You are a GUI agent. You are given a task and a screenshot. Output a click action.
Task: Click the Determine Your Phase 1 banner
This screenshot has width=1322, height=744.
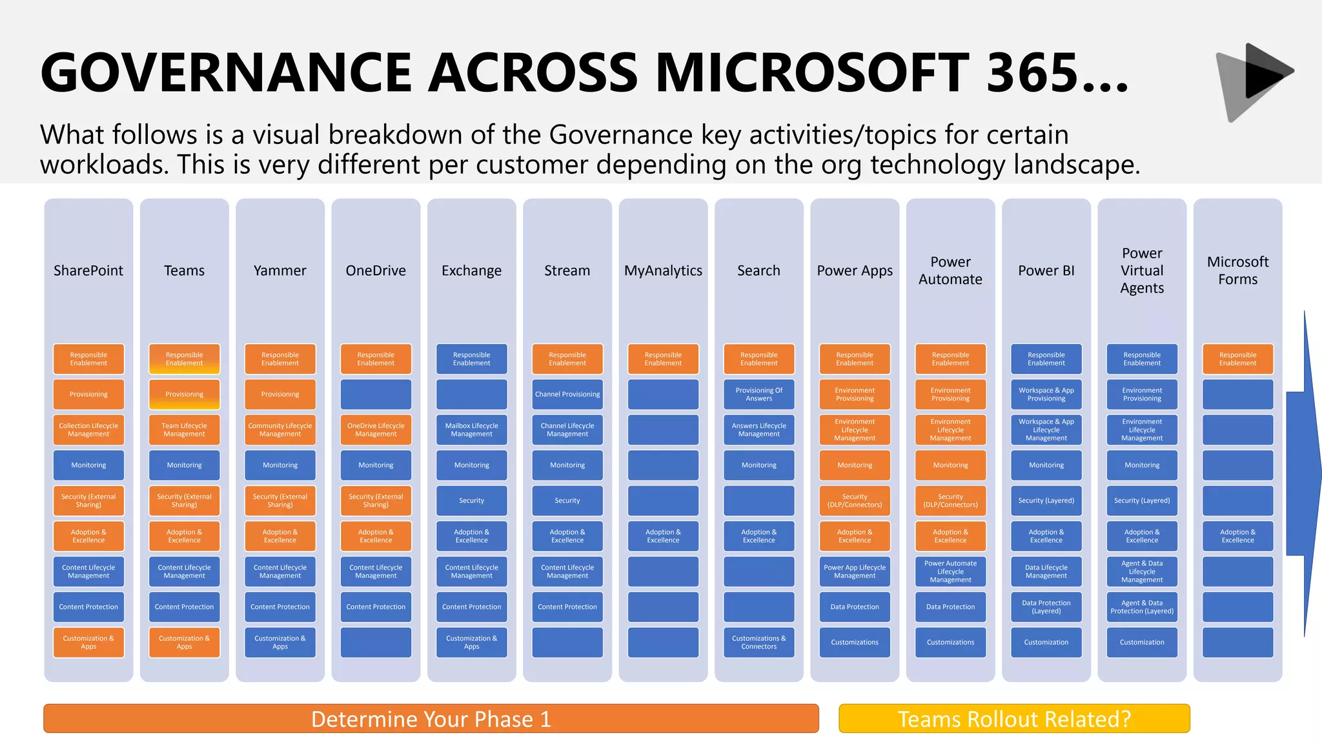[x=431, y=719]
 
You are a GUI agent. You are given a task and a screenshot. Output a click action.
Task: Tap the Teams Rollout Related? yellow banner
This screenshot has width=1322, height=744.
[x=1014, y=719]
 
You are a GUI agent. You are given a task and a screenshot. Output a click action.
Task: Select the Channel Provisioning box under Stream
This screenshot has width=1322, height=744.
[x=567, y=395]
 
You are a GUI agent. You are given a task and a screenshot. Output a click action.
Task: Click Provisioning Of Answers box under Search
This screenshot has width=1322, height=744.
[x=759, y=395]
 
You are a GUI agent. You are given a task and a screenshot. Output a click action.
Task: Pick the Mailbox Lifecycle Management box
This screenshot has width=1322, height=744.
[x=472, y=430]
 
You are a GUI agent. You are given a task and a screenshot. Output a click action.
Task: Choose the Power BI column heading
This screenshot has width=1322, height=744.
[x=1046, y=271]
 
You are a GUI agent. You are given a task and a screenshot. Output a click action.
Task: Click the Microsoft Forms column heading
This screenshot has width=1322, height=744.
[x=1237, y=271]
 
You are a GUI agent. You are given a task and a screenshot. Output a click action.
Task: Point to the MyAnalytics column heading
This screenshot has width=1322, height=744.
[x=663, y=271]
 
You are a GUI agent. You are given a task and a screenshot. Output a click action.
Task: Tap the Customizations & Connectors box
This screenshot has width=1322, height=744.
[x=759, y=643]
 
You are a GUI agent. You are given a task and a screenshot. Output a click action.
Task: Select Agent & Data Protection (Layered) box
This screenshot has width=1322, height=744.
[x=1142, y=607]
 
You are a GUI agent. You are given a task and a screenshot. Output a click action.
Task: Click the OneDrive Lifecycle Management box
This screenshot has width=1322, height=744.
[x=376, y=430]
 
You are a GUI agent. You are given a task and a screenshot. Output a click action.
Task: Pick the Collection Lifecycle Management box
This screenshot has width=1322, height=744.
[x=88, y=430]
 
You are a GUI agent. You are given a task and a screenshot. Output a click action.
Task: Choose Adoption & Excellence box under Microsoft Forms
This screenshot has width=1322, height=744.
[x=1237, y=536]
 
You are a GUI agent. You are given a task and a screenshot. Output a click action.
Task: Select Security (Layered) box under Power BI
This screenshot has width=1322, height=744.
[x=1046, y=501]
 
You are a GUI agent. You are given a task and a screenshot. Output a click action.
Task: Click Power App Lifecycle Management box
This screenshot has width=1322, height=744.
[x=855, y=572]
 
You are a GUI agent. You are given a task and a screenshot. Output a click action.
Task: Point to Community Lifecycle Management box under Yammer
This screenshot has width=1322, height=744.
[x=280, y=430]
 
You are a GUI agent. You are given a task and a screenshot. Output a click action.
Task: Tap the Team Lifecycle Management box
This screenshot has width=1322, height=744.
[x=185, y=430]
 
